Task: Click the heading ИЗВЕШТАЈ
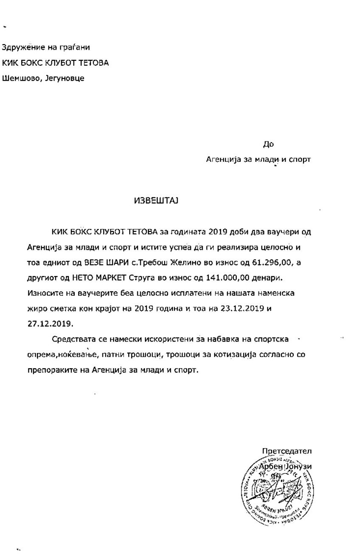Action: pyautogui.click(x=156, y=200)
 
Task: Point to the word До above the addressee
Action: pyautogui.click(x=269, y=144)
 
